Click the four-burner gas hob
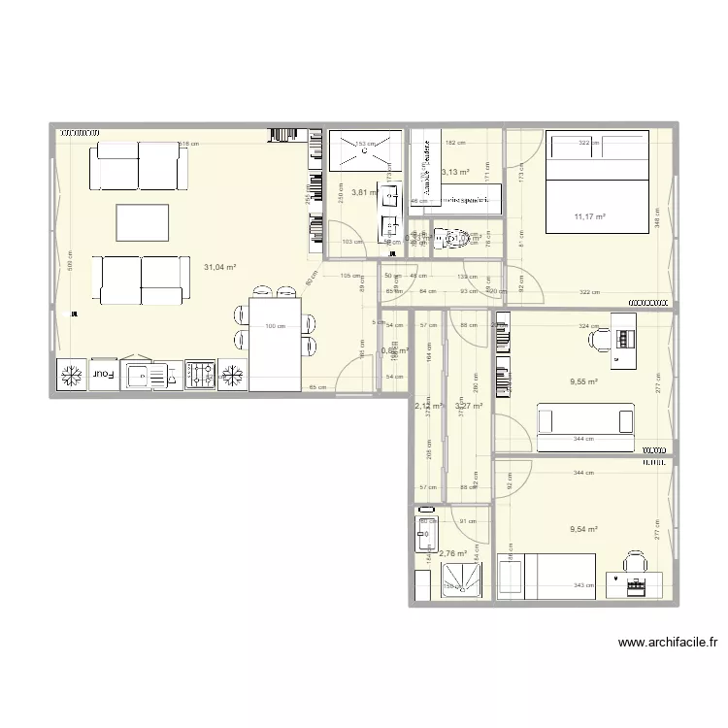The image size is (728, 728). pos(201,374)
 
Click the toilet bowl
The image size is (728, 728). pos(447,237)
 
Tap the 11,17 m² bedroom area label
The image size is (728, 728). pos(589,216)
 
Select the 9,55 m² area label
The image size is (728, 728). pos(583,382)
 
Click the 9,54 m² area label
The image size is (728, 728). pos(583,529)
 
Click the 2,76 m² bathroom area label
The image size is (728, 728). pos(453,554)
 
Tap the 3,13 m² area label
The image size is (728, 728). pos(456,173)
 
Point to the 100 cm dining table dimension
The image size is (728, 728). pos(277,325)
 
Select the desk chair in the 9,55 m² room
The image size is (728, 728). pos(598,339)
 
